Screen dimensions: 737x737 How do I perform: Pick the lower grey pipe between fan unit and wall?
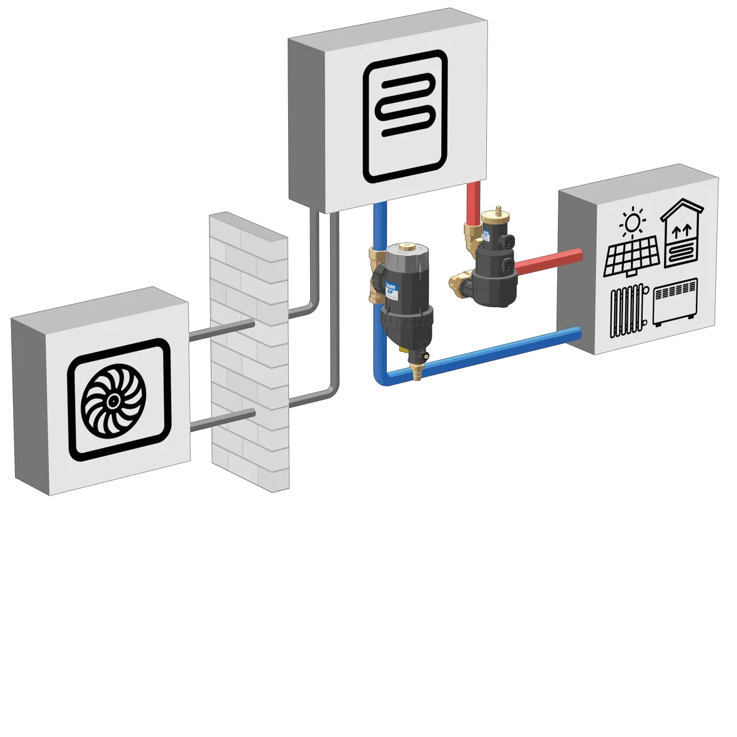click(x=222, y=419)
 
